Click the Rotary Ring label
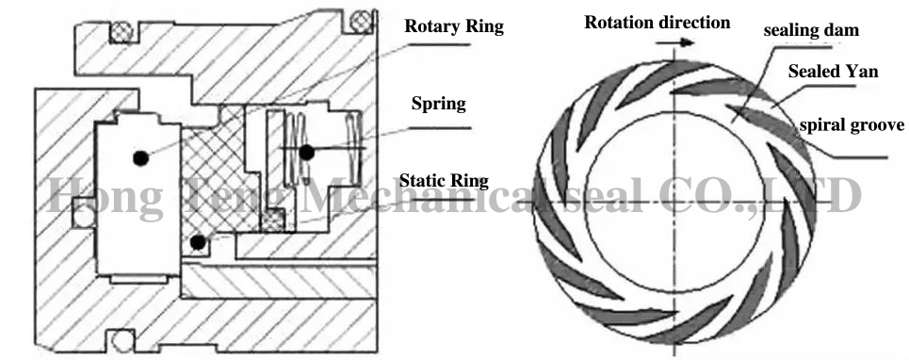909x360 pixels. (454, 25)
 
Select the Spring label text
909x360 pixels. (438, 103)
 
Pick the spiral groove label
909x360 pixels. (851, 124)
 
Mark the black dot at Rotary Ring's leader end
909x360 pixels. (139, 157)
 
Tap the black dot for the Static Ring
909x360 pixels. (197, 243)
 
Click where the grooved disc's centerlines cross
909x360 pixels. (674, 204)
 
